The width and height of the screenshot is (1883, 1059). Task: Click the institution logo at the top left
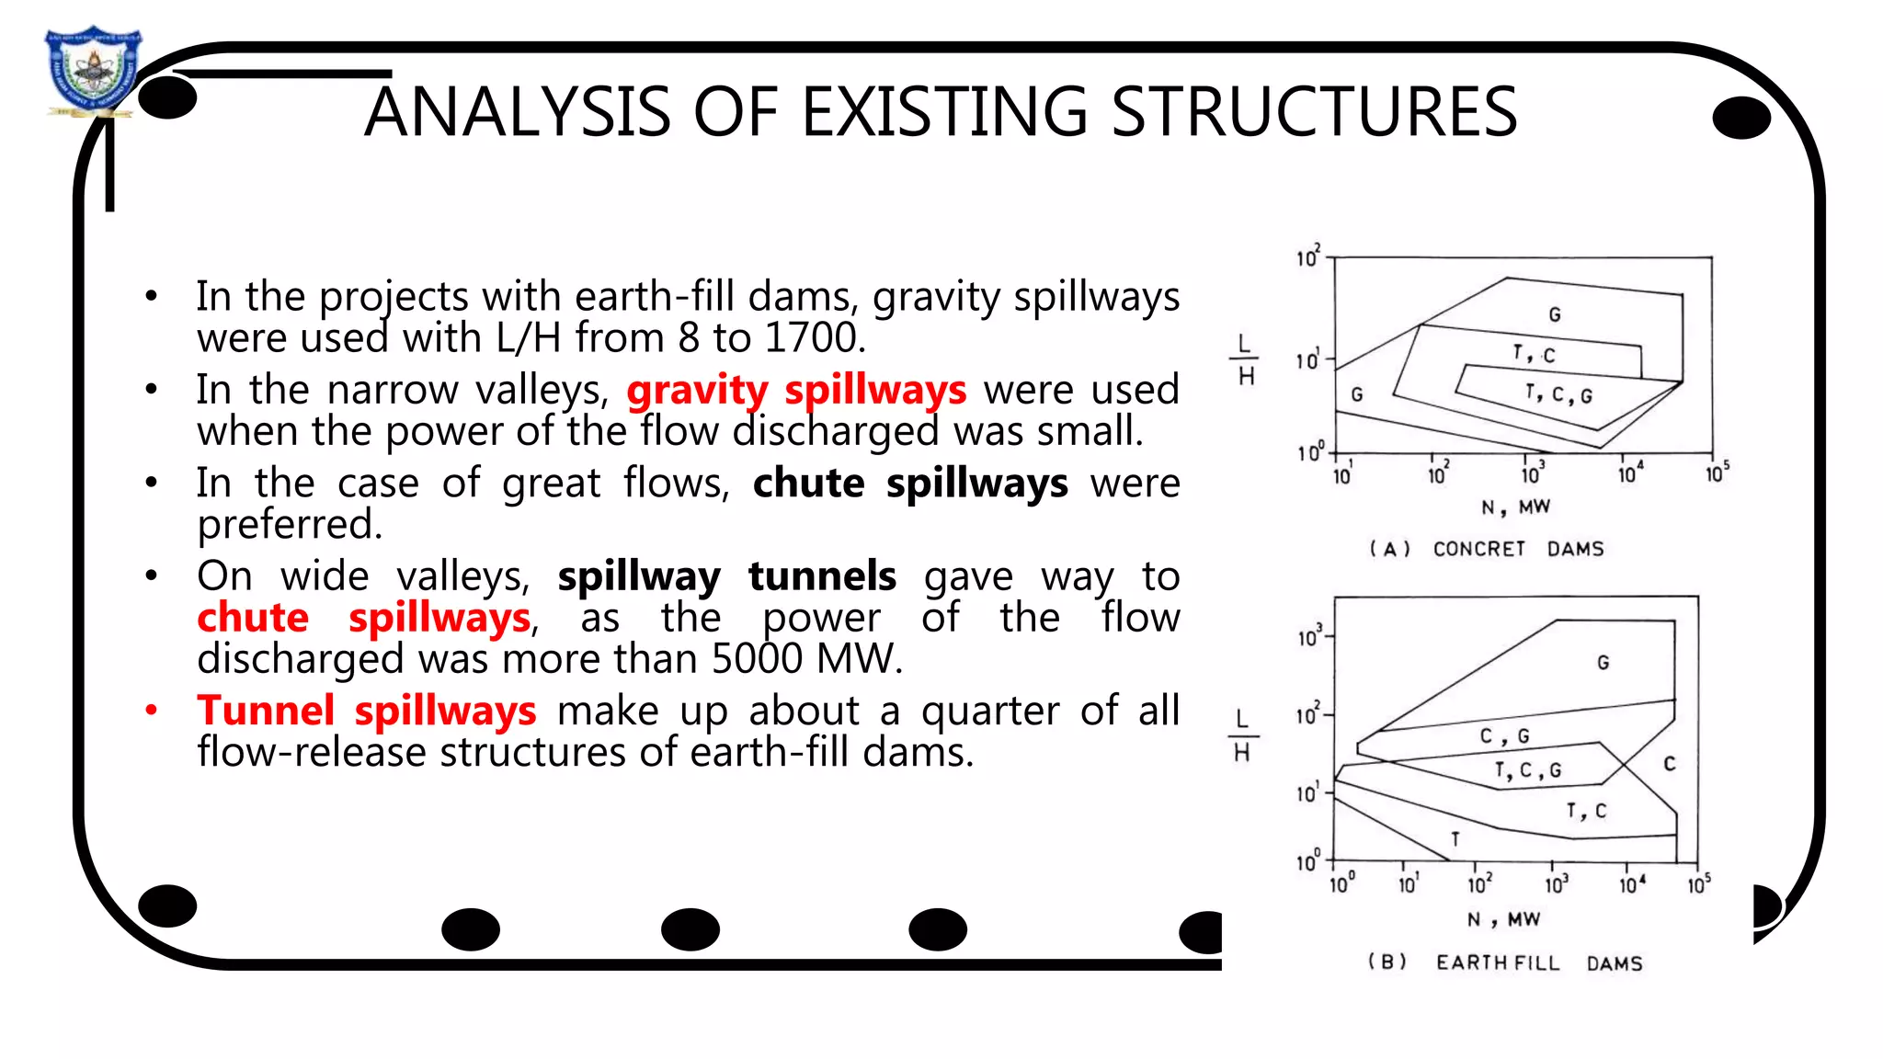(x=92, y=72)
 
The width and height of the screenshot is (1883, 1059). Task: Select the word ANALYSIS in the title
(x=518, y=112)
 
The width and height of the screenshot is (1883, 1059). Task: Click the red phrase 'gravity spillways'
(x=796, y=390)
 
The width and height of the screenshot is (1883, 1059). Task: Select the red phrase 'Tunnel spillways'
(x=366, y=711)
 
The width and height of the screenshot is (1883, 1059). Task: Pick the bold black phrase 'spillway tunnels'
(x=726, y=576)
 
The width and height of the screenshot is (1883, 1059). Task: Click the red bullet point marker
(x=152, y=710)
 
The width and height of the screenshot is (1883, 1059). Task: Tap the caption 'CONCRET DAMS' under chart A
(x=1518, y=549)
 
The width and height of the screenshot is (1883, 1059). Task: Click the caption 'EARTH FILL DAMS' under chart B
(x=1538, y=962)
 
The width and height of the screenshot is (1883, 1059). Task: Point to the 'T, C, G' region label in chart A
(x=1558, y=394)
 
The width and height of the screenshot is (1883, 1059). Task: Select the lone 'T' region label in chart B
(x=1455, y=838)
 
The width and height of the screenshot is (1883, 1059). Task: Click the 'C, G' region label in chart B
(x=1504, y=735)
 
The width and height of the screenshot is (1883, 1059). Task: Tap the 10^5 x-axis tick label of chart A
(x=1717, y=473)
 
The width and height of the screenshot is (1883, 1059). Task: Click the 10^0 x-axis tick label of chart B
(x=1341, y=883)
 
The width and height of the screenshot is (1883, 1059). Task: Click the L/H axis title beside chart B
(x=1242, y=735)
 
